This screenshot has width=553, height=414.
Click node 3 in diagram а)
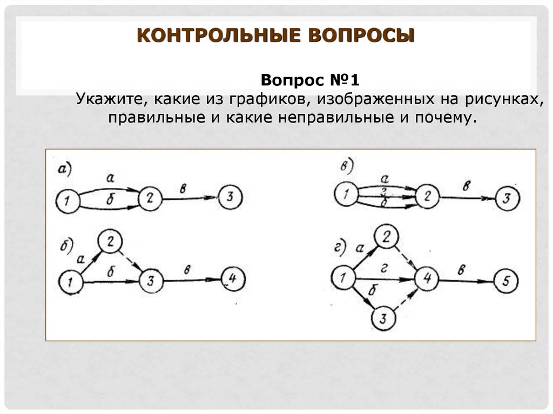pos(231,199)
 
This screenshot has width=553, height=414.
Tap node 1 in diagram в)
pos(346,194)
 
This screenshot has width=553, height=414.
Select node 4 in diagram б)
pos(233,280)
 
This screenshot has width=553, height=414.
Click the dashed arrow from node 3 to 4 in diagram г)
pos(406,300)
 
